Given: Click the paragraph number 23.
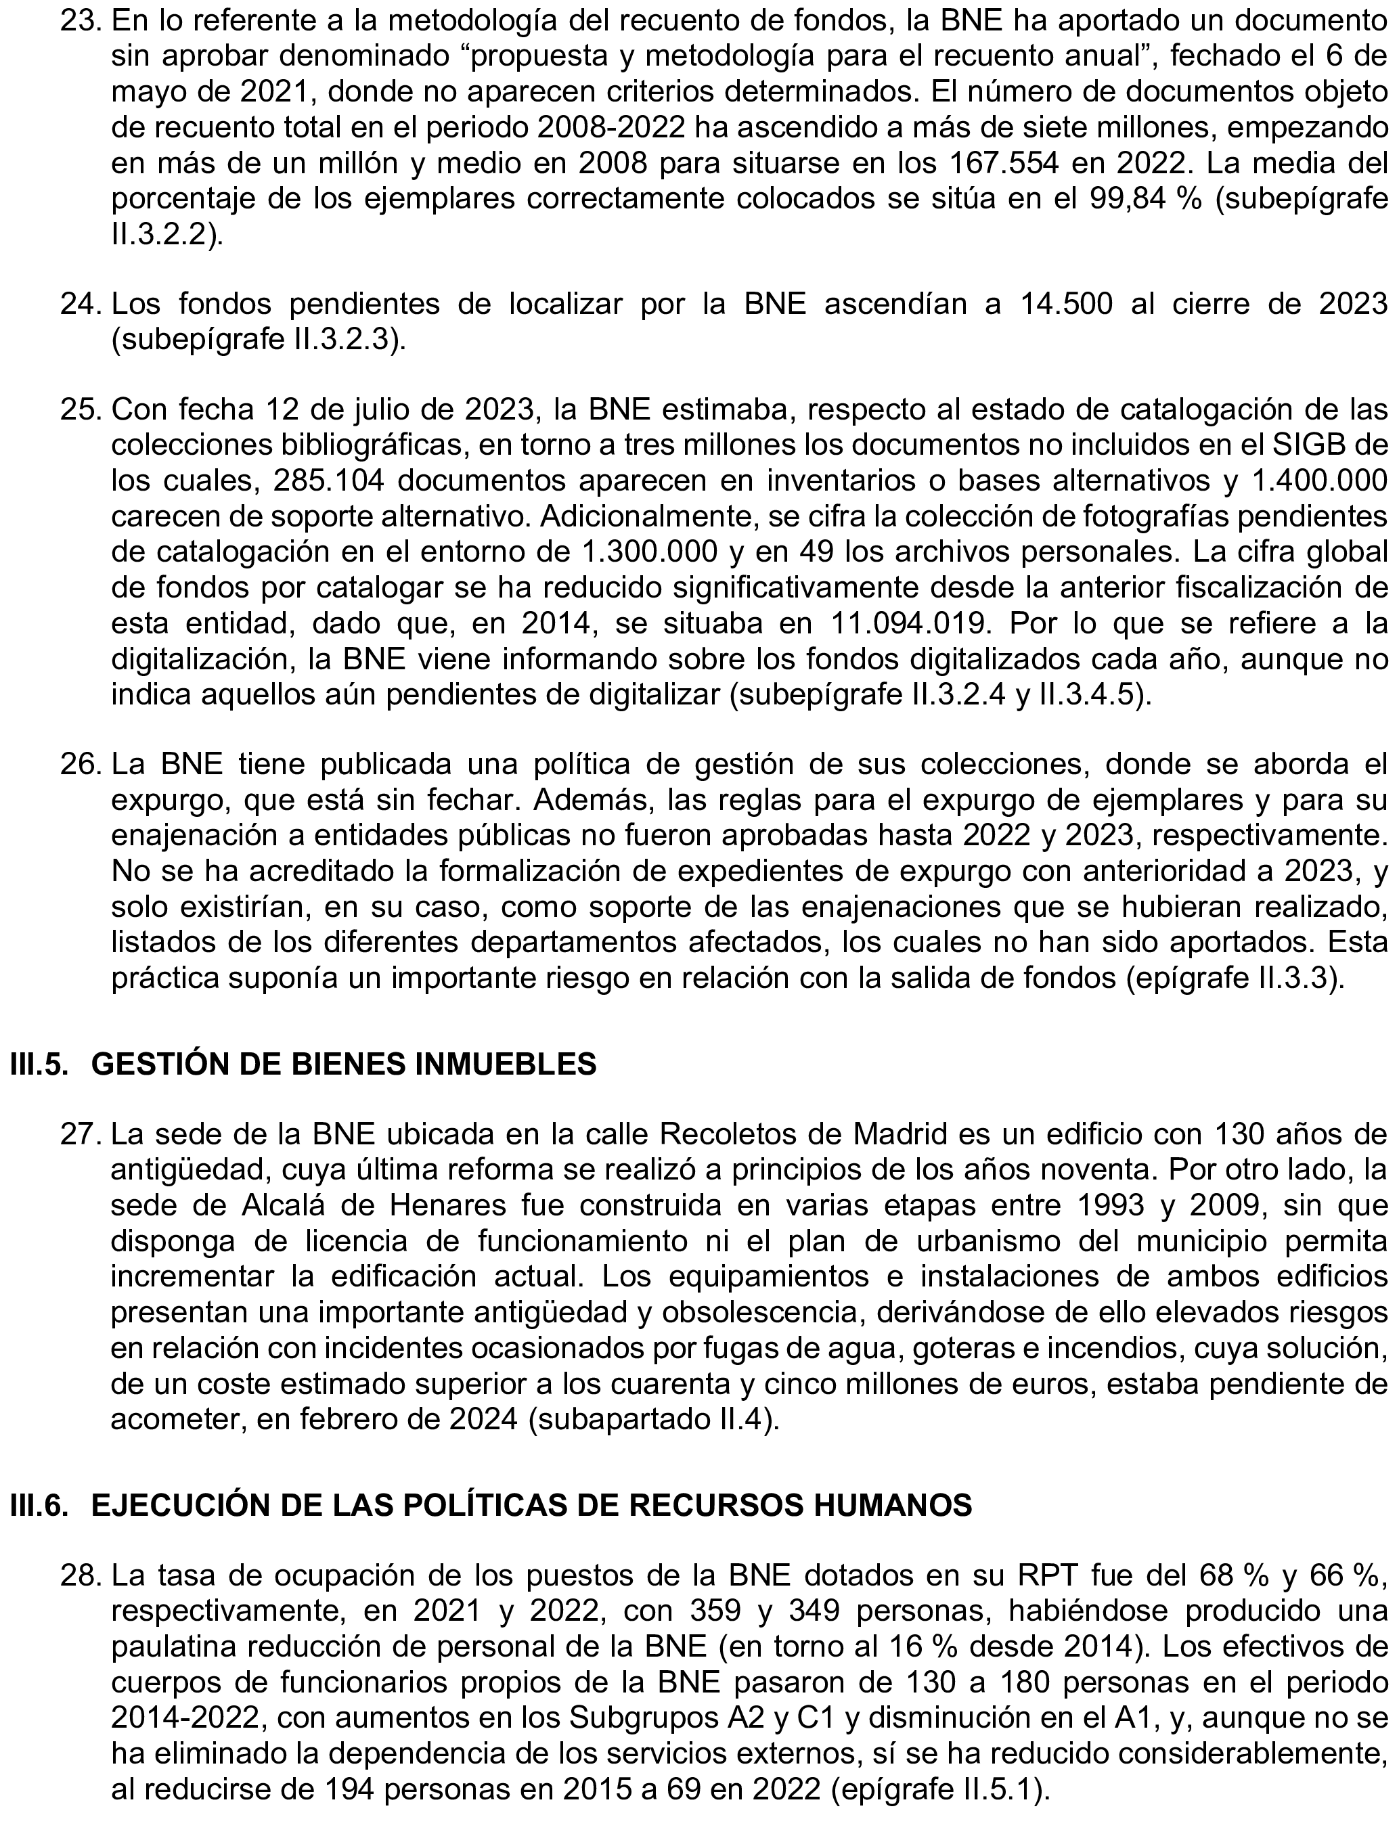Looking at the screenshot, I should click(79, 22).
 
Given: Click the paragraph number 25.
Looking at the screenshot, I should click(79, 410).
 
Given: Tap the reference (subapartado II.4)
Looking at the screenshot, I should click(654, 1418).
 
